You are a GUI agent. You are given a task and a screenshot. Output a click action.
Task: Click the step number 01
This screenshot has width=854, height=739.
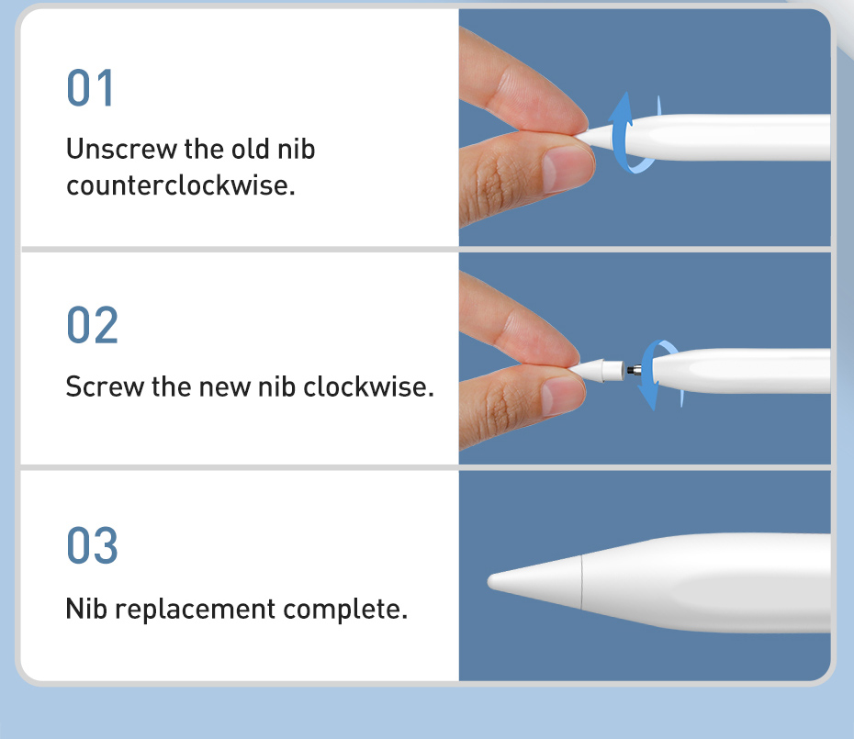tap(90, 87)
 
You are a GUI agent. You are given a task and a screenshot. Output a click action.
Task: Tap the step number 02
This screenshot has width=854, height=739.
tap(92, 325)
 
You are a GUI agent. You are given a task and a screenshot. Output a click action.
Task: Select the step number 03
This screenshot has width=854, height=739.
tap(92, 545)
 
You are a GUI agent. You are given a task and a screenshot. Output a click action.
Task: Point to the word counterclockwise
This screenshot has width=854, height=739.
tap(180, 185)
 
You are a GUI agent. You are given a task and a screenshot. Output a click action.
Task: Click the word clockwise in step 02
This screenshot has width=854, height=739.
tap(368, 386)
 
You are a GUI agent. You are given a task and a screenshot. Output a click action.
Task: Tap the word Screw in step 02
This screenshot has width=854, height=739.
tap(105, 386)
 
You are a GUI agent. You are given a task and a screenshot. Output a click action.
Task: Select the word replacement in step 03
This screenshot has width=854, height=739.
tap(195, 610)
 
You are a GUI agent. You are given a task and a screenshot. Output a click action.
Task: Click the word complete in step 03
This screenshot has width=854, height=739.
tap(344, 609)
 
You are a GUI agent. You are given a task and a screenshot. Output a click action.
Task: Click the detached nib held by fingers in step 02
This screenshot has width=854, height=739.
tap(595, 370)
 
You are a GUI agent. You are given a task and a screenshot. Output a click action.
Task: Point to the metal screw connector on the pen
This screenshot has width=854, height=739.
tap(634, 370)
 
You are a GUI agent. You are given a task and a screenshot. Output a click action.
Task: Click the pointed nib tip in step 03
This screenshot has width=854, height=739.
tap(490, 582)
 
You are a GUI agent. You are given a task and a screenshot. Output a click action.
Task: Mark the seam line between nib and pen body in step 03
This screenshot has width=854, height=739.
tap(581, 582)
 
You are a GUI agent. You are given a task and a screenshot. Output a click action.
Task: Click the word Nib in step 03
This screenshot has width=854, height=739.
tap(86, 609)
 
